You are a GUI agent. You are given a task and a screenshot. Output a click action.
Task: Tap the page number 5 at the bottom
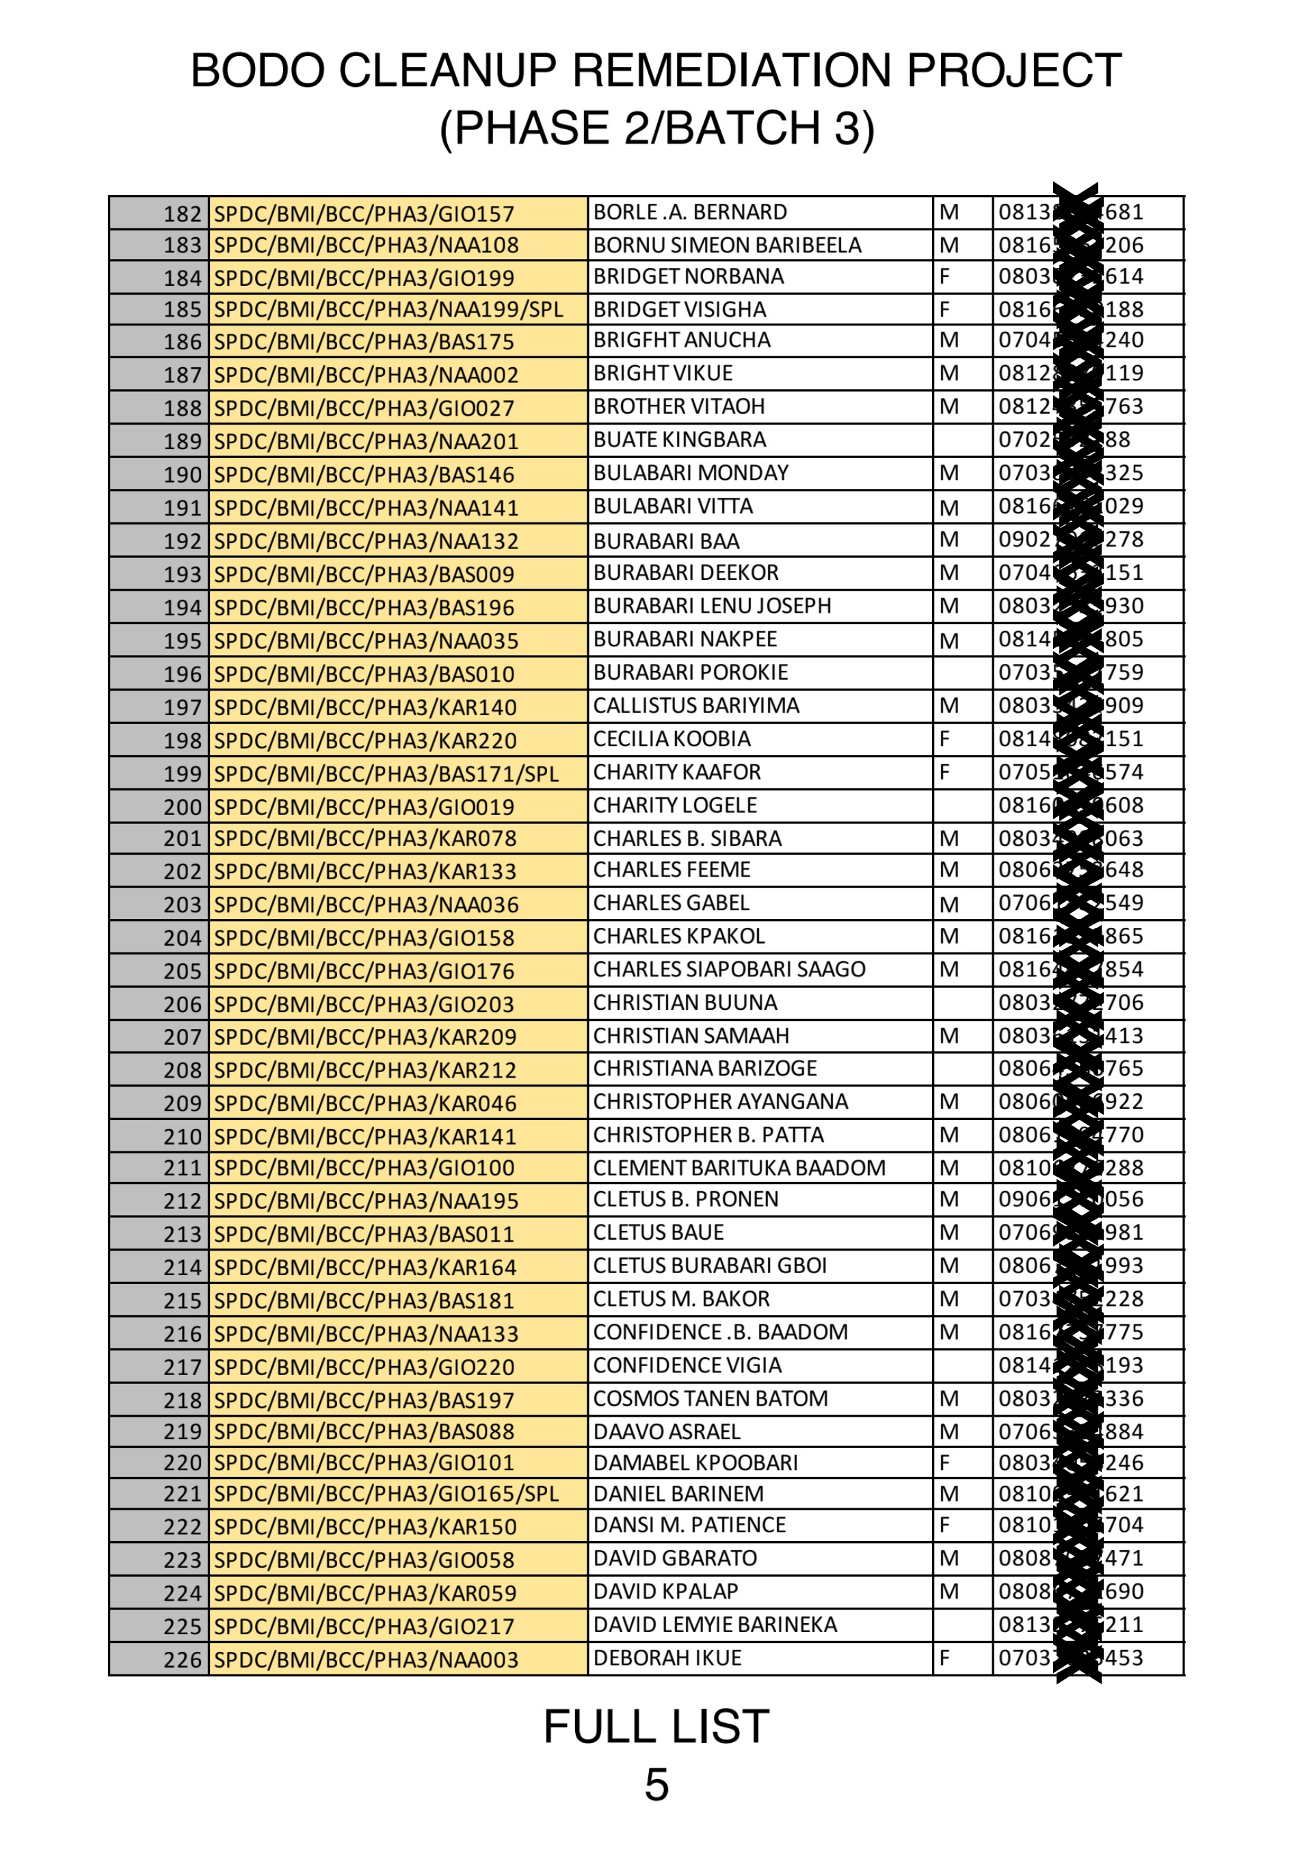(x=656, y=1785)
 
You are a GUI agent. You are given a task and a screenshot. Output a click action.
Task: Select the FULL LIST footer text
(x=656, y=1726)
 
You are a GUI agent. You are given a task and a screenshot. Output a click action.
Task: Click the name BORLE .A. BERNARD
(x=689, y=212)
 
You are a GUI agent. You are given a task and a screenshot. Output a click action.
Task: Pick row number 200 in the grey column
(x=182, y=807)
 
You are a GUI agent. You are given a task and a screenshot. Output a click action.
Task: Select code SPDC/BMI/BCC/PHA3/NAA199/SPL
(x=388, y=310)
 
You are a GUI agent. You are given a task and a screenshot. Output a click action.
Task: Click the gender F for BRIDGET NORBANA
(x=944, y=276)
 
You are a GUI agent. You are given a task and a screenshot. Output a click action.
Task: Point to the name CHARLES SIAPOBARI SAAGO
(x=728, y=969)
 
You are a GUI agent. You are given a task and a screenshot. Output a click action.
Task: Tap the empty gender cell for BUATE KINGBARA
(x=962, y=440)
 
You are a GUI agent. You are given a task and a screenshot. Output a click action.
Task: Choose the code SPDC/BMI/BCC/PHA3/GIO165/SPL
(x=386, y=1494)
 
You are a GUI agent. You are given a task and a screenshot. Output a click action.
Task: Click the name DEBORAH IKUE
(x=667, y=1658)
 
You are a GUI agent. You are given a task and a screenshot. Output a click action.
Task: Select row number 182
(x=182, y=213)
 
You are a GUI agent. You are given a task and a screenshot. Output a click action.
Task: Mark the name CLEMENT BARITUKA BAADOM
(x=739, y=1168)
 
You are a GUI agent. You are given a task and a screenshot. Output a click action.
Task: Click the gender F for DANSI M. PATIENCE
(x=944, y=1525)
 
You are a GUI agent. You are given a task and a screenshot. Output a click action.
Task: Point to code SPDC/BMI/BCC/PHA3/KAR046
(x=364, y=1104)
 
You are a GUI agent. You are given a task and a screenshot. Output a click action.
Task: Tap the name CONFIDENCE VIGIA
(x=687, y=1365)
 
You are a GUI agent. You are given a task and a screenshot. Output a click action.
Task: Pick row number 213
(x=182, y=1234)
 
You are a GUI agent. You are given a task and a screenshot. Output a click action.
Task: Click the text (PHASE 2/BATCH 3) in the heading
(x=656, y=128)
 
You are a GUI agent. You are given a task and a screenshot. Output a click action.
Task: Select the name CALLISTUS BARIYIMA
(x=695, y=706)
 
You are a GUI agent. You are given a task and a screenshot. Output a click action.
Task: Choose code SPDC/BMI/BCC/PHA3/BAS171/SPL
(x=386, y=773)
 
